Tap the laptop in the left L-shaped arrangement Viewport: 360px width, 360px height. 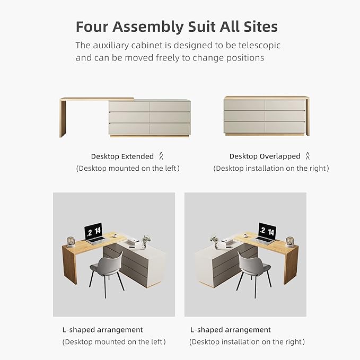tap(94, 234)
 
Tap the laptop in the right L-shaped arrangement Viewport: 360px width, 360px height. tap(266, 234)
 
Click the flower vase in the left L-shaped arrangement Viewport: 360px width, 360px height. tap(146, 242)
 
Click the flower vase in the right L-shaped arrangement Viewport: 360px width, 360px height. tap(214, 242)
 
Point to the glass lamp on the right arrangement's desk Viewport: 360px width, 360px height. tap(289, 242)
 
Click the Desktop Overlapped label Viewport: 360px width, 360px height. tap(265, 156)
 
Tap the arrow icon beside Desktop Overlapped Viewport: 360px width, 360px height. tap(308, 156)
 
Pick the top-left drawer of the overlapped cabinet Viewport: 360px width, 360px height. tap(244, 105)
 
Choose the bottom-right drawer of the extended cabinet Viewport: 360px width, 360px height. tap(169, 128)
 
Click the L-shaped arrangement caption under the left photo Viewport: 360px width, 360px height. tap(102, 330)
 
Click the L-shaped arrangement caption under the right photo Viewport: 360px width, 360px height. tap(230, 330)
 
